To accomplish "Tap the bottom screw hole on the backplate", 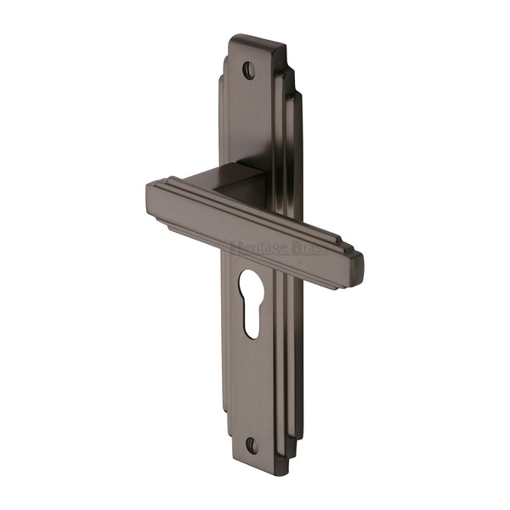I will point(252,445).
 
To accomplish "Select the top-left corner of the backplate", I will point(231,38).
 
